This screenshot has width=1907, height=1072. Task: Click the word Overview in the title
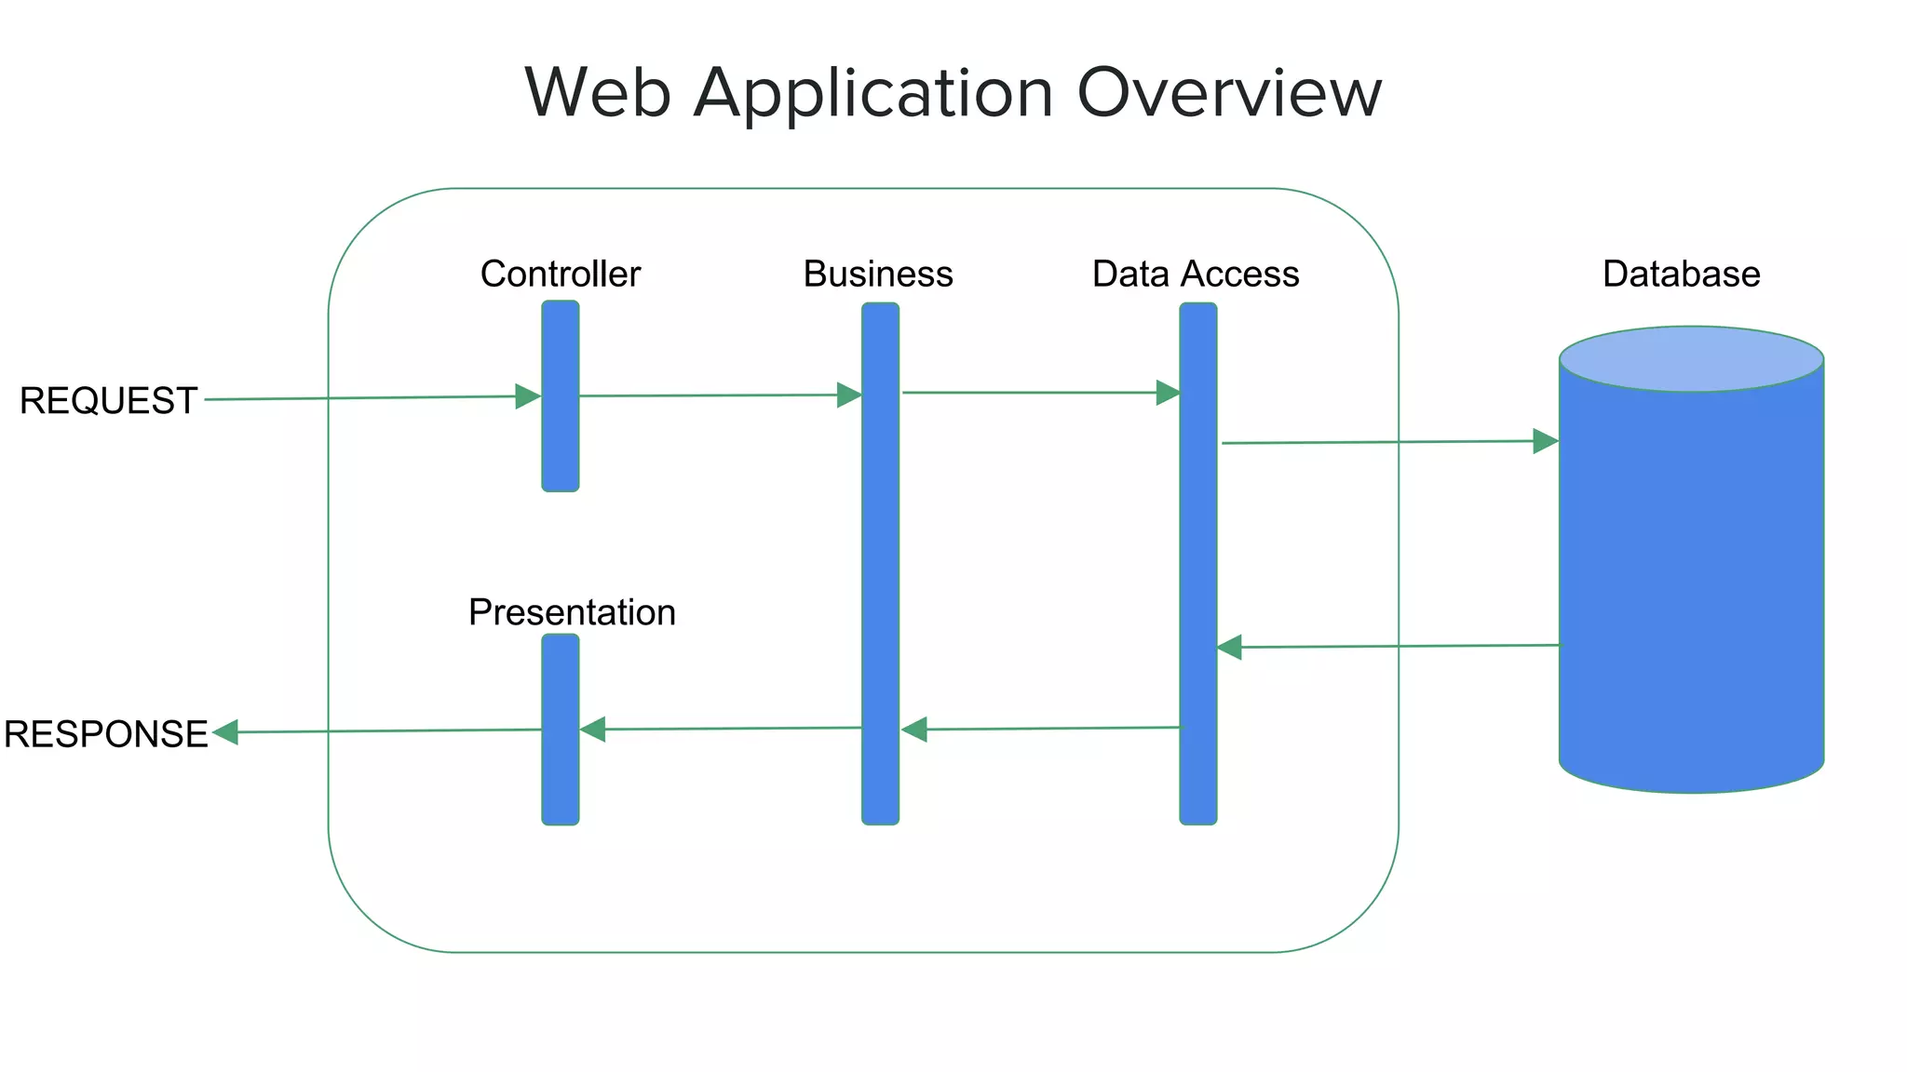point(1228,93)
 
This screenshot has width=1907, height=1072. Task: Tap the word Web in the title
point(597,93)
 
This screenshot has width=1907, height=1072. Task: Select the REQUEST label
point(108,401)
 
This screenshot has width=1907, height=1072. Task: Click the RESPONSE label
point(105,734)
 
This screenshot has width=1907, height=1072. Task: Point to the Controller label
point(560,275)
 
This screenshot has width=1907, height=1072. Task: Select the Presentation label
point(572,612)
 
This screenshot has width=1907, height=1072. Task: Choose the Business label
point(878,275)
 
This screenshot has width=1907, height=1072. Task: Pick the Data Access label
point(1196,275)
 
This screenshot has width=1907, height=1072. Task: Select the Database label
point(1681,275)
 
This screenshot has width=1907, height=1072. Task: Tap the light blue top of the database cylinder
point(1691,358)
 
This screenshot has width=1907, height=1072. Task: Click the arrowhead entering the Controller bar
point(528,396)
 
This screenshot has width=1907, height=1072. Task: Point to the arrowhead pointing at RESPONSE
point(225,732)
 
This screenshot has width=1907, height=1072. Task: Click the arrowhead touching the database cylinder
point(1546,441)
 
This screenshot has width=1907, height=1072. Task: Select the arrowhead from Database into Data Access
point(1229,647)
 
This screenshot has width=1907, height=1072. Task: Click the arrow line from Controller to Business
point(708,395)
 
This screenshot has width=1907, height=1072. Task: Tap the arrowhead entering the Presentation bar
point(593,730)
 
